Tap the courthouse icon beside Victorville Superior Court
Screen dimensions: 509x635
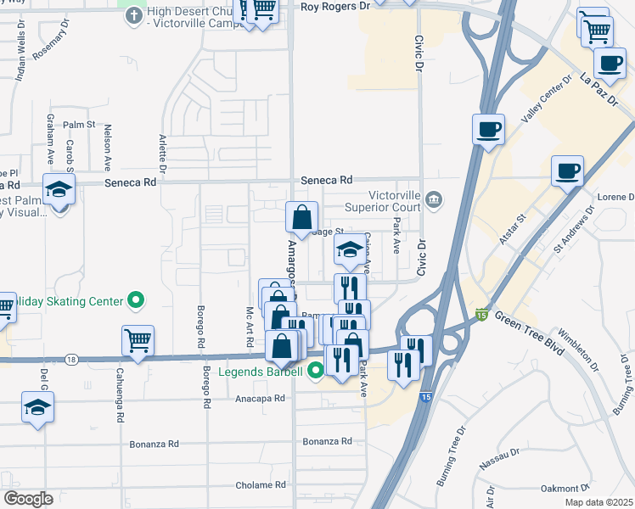point(434,199)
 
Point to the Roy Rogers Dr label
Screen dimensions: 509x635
point(336,6)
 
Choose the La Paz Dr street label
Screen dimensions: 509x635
point(600,89)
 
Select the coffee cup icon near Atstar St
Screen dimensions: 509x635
point(567,171)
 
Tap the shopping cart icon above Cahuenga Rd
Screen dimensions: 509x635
point(138,341)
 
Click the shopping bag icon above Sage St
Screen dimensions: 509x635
point(301,217)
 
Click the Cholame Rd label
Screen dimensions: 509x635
point(261,485)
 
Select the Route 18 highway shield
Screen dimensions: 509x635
point(72,360)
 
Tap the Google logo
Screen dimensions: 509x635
point(27,498)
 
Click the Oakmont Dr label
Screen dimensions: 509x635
point(565,488)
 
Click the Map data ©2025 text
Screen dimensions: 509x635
point(598,502)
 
